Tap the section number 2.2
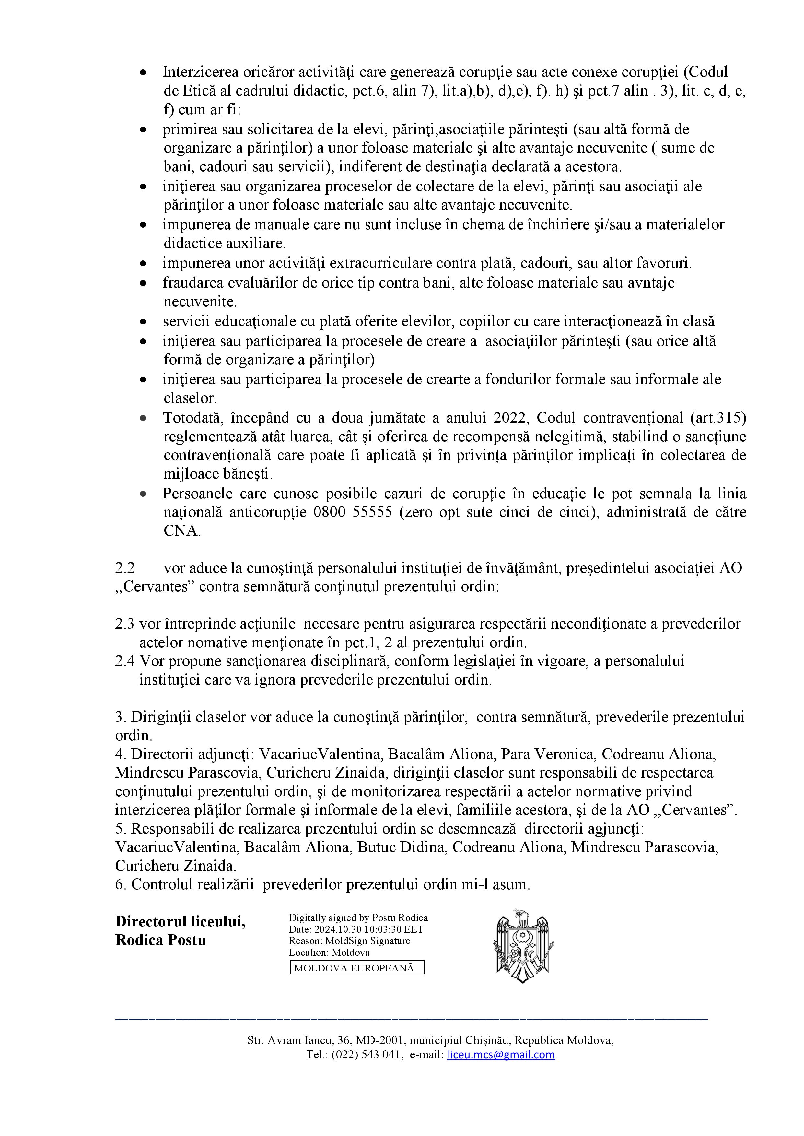pyautogui.click(x=125, y=568)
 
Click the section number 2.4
pyautogui.click(x=125, y=661)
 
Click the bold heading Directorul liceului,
pyautogui.click(x=180, y=921)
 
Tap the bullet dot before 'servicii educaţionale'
pyautogui.click(x=143, y=322)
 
